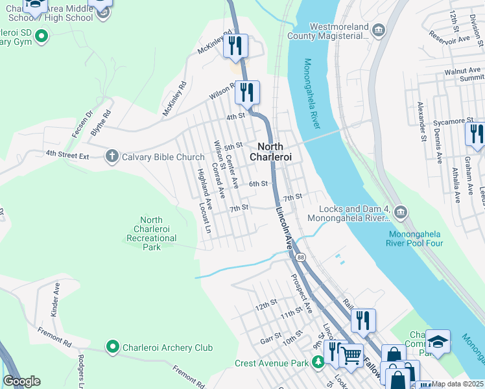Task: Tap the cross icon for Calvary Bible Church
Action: click(x=112, y=156)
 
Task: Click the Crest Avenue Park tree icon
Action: click(x=318, y=362)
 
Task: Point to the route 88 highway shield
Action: click(x=301, y=257)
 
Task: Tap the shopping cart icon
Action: click(x=351, y=354)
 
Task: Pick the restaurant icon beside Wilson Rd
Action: click(x=246, y=92)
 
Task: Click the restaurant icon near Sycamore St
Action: click(x=475, y=134)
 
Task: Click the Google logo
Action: click(x=21, y=381)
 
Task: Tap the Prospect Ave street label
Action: click(x=302, y=294)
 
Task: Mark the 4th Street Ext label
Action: click(x=67, y=154)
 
